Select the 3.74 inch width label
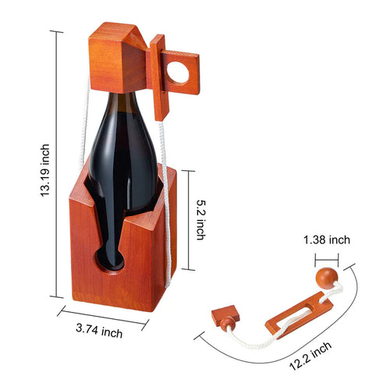[100, 333]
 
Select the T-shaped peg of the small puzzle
[223, 316]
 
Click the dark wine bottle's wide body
[125, 164]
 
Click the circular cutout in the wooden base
[110, 257]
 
